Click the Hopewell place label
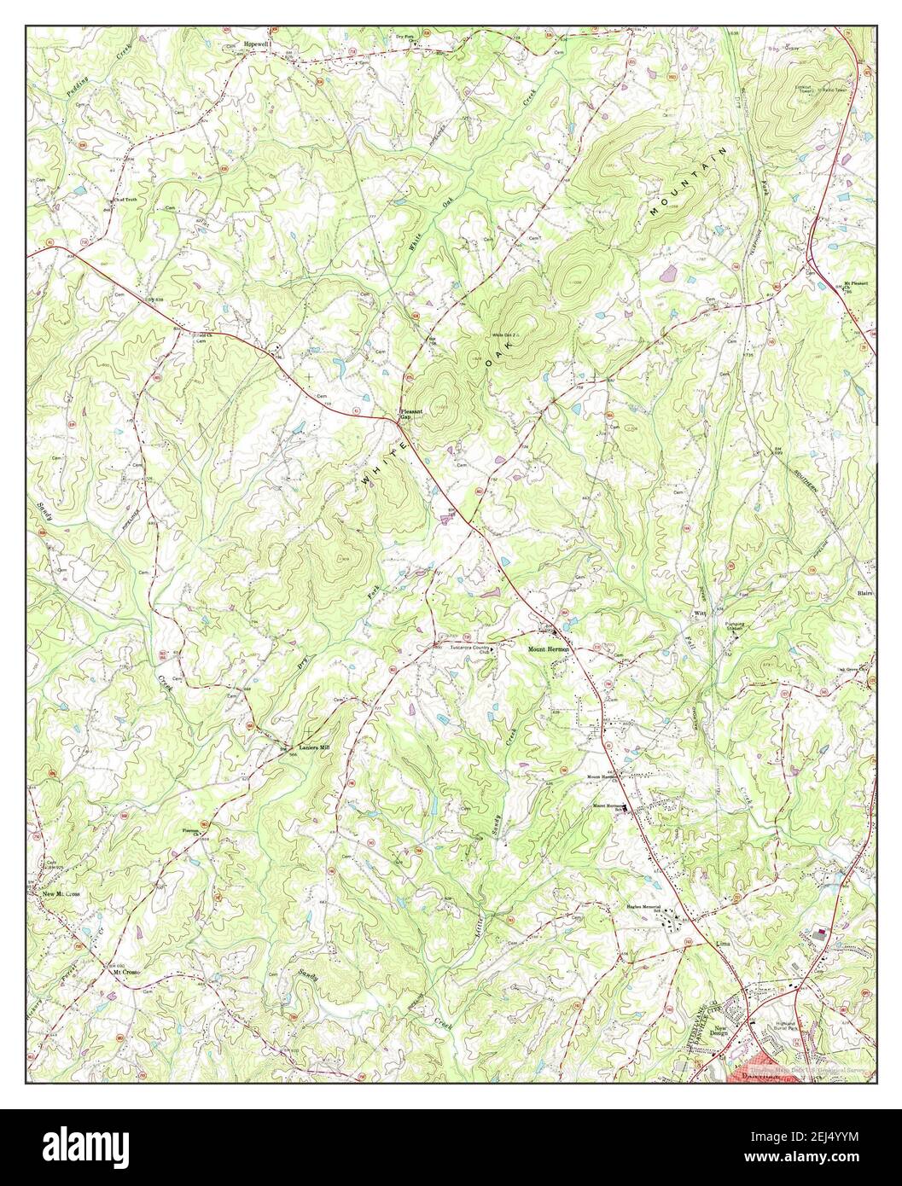click(x=255, y=42)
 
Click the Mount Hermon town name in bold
click(x=547, y=649)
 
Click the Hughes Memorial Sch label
click(x=646, y=909)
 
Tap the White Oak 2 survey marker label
click(x=503, y=334)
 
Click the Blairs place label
click(x=862, y=590)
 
